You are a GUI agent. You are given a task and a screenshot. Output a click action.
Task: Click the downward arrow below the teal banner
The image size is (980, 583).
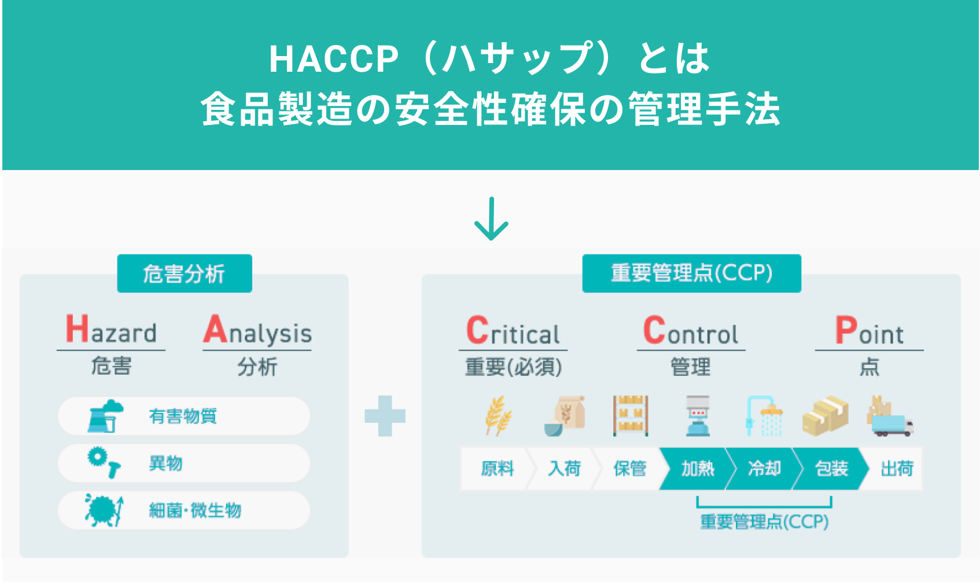(491, 219)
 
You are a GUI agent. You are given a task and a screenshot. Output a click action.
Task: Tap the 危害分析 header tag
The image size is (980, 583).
(185, 274)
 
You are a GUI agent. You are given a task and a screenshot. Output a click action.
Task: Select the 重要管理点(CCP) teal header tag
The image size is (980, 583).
(692, 274)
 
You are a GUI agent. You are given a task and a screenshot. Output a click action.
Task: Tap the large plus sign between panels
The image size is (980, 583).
(385, 416)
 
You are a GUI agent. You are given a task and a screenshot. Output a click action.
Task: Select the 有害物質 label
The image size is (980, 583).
(183, 416)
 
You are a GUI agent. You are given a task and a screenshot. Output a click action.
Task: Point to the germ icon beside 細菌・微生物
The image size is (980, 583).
(104, 510)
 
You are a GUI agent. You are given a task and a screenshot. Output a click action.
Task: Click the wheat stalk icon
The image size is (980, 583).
(498, 416)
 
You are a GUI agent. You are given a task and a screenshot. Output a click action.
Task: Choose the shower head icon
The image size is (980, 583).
(764, 416)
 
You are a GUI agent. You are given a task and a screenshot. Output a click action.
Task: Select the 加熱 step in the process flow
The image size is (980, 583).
(697, 469)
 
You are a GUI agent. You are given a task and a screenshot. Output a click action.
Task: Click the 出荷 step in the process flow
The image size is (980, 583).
(897, 469)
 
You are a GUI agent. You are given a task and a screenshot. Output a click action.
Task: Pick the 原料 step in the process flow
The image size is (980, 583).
(498, 469)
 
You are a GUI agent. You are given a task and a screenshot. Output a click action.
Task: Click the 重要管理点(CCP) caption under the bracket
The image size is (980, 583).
(764, 522)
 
